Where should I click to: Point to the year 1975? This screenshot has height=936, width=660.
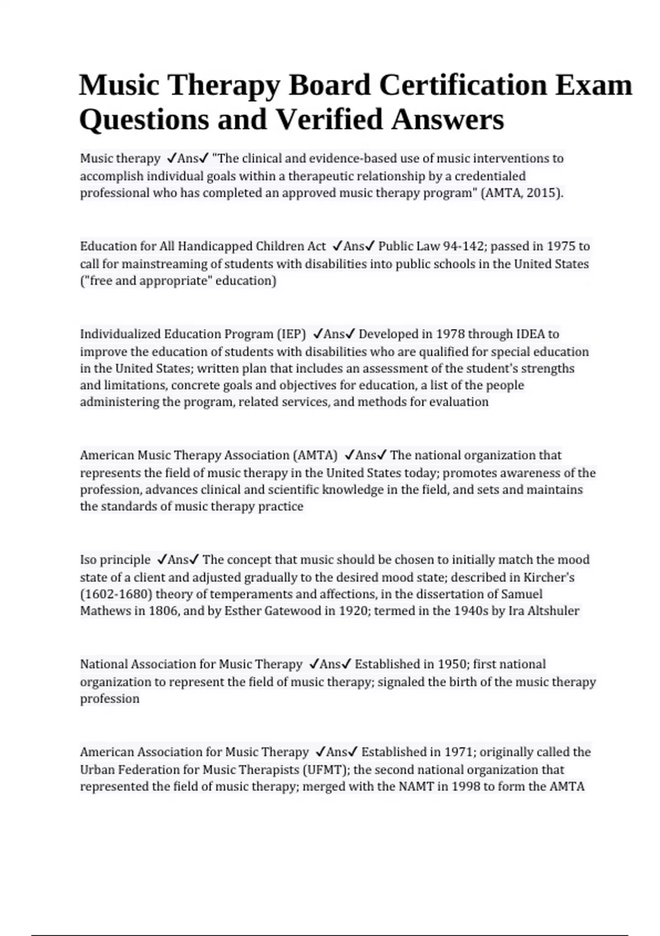coord(560,246)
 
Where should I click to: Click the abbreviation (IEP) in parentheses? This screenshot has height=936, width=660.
coord(291,334)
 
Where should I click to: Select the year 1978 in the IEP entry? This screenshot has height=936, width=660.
coord(450,334)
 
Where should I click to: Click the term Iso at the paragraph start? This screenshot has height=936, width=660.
coord(88,560)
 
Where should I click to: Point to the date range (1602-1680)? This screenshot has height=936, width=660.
coord(116,595)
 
